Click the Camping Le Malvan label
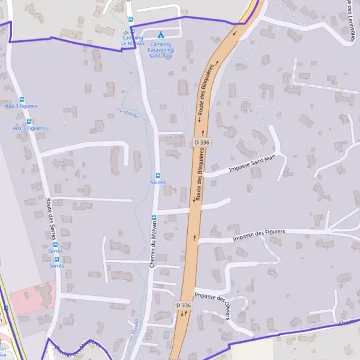pos(132,40)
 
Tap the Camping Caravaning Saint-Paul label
pos(161,49)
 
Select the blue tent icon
pos(160,35)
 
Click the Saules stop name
pos(158,182)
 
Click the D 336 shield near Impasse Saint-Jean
pos(202,142)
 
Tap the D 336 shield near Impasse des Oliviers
pos(184,305)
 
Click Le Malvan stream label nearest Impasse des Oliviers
pos(133,327)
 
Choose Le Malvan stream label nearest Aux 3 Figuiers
pos(128,112)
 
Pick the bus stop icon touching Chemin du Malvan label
pos(154,217)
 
